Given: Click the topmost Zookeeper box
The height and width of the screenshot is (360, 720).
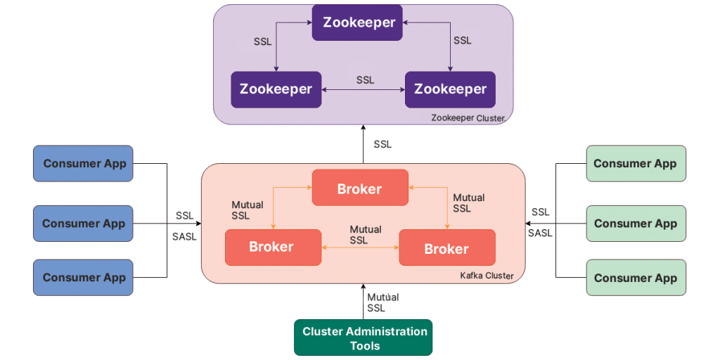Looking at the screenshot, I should (358, 22).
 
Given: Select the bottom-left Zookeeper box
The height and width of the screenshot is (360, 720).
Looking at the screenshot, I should (276, 89).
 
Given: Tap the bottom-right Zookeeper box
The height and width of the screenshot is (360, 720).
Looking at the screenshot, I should (450, 89).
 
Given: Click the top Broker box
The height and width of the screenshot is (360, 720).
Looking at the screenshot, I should (359, 188).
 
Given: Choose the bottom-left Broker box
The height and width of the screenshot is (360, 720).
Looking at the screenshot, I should (272, 247).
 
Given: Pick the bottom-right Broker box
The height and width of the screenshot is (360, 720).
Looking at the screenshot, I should (446, 248).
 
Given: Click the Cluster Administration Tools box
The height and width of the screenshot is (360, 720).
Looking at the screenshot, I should (364, 338).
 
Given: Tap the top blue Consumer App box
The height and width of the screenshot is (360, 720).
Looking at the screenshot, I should (84, 164).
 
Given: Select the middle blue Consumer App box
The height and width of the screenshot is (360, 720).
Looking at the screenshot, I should (84, 224).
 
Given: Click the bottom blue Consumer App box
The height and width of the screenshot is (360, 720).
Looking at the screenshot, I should (84, 277).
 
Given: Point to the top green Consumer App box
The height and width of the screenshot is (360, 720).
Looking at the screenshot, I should (636, 164).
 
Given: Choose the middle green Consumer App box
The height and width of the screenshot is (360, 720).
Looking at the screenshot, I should (636, 224).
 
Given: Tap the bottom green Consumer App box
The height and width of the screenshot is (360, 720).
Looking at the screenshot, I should (636, 277).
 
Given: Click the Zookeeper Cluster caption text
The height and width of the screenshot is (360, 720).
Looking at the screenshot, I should (468, 117).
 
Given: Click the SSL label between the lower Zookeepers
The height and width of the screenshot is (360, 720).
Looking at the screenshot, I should (365, 80).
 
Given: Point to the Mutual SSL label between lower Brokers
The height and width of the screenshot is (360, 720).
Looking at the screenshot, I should (365, 235).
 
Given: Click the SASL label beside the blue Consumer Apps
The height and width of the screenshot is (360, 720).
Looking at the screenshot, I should (184, 237).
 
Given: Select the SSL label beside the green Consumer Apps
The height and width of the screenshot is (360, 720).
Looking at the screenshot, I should (541, 212).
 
